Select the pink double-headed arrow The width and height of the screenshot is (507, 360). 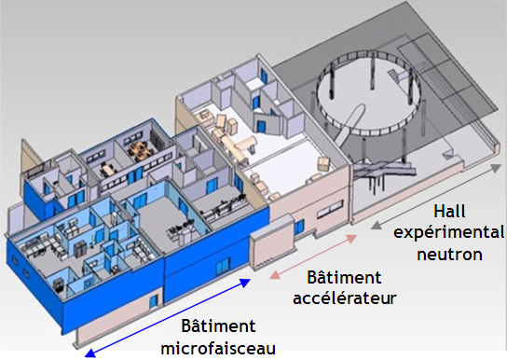click(x=314, y=256)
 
